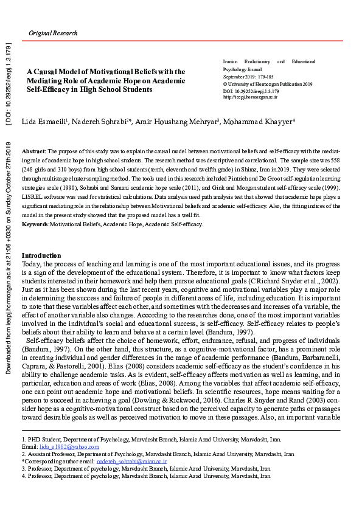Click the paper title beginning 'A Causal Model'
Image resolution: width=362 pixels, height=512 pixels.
(106, 80)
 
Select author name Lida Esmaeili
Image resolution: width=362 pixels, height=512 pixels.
(45, 122)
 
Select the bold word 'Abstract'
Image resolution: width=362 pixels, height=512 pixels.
(33, 150)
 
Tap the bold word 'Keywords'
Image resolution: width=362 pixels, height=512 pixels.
(35, 224)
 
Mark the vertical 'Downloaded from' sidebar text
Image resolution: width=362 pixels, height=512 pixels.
(9, 255)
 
